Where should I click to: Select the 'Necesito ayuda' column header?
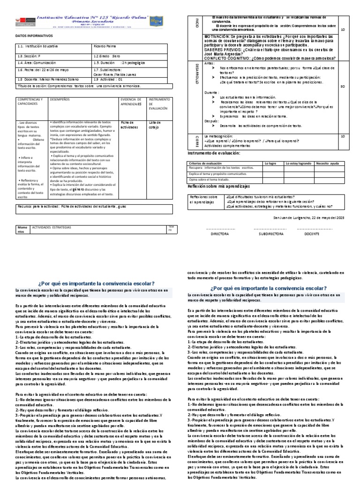tap(329, 163)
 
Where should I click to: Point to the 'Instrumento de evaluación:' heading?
tap(214, 153)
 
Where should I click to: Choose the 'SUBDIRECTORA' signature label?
tap(268, 232)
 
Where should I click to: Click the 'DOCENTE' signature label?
tap(312, 232)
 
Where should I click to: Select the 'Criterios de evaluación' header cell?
tap(207, 163)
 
